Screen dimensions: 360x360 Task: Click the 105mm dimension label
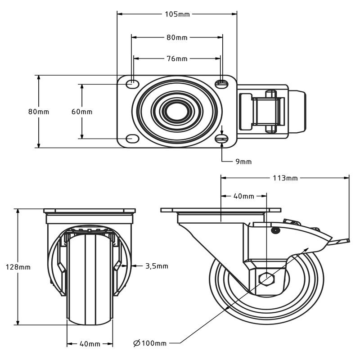coord(177,14)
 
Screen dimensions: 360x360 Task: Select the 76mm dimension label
coord(177,58)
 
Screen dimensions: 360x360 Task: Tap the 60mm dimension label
coord(82,112)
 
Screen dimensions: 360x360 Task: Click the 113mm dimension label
coord(285,178)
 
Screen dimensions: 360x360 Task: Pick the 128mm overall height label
coord(18,267)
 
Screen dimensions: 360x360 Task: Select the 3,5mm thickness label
coord(157,266)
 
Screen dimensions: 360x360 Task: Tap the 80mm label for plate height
coord(38,112)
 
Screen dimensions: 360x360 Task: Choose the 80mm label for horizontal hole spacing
coord(177,37)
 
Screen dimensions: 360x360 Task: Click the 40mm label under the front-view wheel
coord(90,344)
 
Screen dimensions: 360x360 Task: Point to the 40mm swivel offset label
coord(244,196)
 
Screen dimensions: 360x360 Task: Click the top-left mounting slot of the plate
coord(133,83)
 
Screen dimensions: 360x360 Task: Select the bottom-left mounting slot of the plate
coord(132,139)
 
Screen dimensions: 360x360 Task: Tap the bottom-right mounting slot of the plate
coord(222,139)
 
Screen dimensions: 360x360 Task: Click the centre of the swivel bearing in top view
coord(177,111)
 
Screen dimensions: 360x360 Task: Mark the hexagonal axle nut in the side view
coord(267,279)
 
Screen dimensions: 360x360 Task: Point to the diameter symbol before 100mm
coord(137,343)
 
